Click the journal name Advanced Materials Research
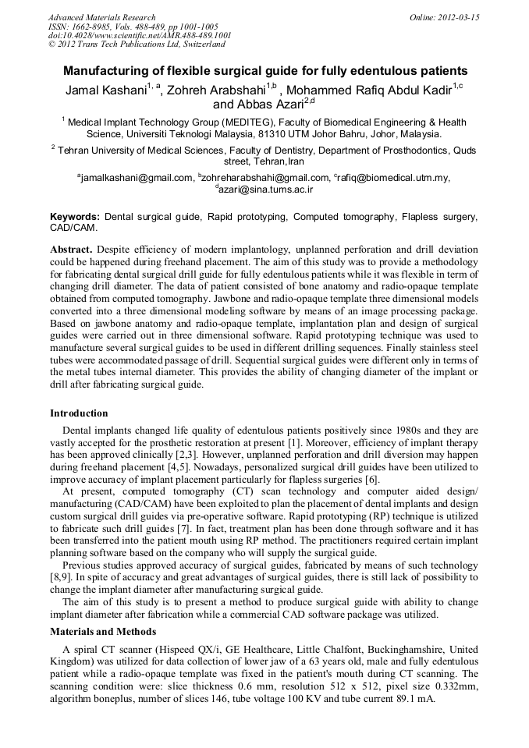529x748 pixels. (x=101, y=17)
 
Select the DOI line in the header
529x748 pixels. (x=140, y=35)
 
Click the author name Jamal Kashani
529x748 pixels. (x=106, y=90)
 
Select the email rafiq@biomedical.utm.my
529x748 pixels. (x=392, y=178)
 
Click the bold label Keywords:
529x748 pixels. (x=75, y=216)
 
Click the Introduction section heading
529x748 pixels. (x=79, y=413)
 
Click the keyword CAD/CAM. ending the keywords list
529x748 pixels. (x=74, y=228)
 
